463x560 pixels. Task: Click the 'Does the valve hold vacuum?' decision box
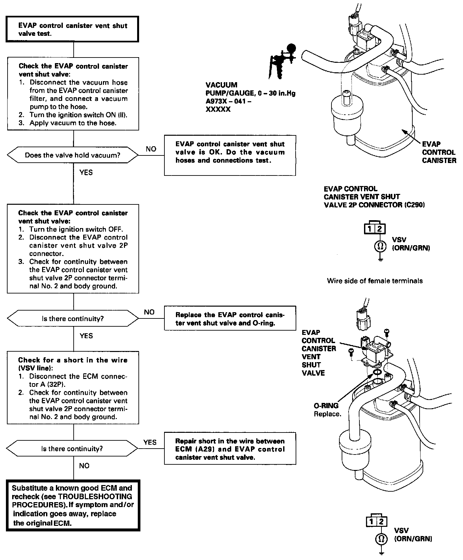pos(73,155)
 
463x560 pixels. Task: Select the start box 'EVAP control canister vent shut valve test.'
pos(73,30)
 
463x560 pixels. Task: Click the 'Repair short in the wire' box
pos(230,449)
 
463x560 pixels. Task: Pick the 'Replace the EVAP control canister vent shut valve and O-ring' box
pos(230,319)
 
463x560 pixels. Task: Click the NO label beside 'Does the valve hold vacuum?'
pos(151,149)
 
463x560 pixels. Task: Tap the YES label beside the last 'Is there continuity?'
pos(150,442)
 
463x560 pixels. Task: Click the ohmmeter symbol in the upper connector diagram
pos(380,246)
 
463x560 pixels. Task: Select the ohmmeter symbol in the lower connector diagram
pos(381,539)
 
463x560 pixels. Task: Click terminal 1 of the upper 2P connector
pos(370,229)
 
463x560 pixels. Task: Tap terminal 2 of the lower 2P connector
pos(381,522)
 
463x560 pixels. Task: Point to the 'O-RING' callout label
pos(326,406)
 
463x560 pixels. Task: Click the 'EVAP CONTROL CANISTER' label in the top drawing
pos(439,152)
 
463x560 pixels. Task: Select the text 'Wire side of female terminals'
pos(375,281)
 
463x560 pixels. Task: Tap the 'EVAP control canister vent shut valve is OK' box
pos(230,155)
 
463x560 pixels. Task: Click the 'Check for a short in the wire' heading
pos(73,364)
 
